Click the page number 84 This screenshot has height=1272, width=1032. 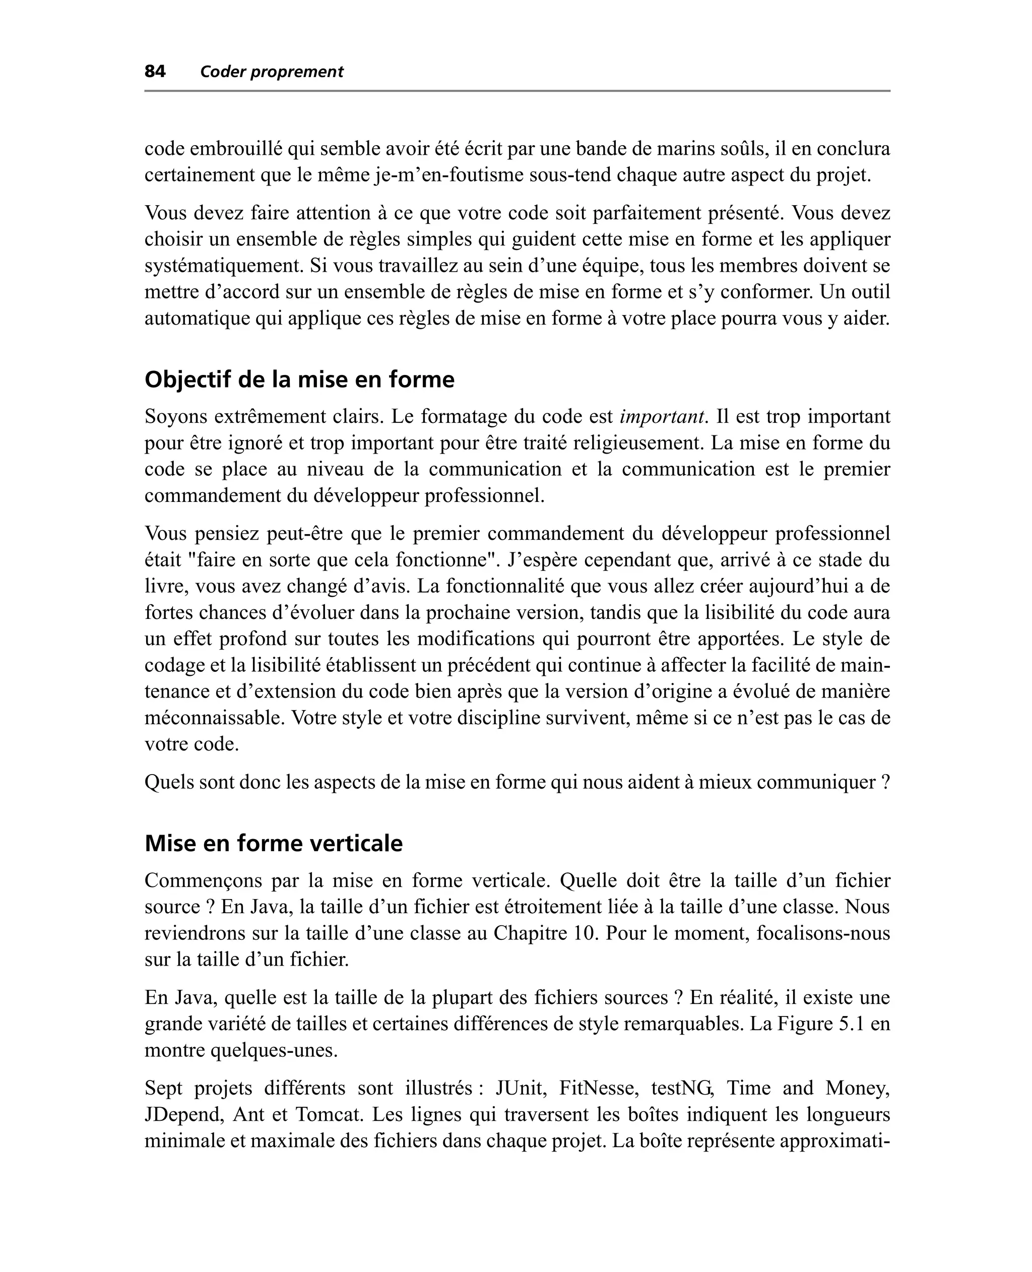click(155, 72)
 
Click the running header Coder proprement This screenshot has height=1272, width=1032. click(272, 72)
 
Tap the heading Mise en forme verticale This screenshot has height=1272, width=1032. click(274, 843)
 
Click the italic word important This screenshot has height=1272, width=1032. click(662, 417)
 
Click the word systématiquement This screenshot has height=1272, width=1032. click(224, 265)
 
